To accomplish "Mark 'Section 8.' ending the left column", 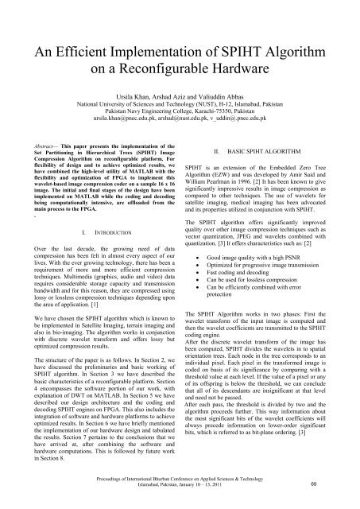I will pos(30,458).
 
